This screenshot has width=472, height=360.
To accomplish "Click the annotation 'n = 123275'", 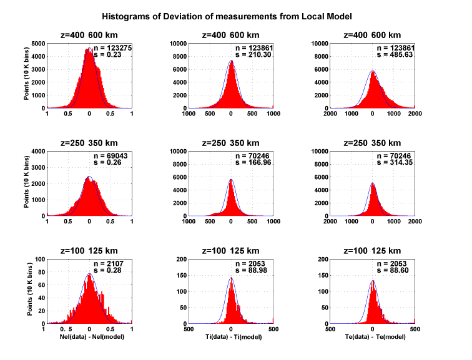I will (x=111, y=48).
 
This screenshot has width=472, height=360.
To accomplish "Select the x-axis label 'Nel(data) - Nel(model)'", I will (x=89, y=338).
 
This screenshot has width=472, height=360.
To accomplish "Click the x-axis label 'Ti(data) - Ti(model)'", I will (x=232, y=338).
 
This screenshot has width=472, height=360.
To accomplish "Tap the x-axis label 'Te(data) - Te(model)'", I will (x=373, y=338).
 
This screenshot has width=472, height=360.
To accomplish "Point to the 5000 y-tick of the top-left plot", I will (x=37, y=44).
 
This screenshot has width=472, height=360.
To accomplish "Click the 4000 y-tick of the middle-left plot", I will (x=37, y=151).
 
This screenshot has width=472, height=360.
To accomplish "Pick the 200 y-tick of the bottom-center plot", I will (x=181, y=258).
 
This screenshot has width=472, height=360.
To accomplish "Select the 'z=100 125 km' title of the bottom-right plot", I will (x=373, y=250).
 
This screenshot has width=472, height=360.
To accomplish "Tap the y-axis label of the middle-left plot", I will (x=27, y=184).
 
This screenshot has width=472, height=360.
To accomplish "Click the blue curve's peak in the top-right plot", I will (x=373, y=71).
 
